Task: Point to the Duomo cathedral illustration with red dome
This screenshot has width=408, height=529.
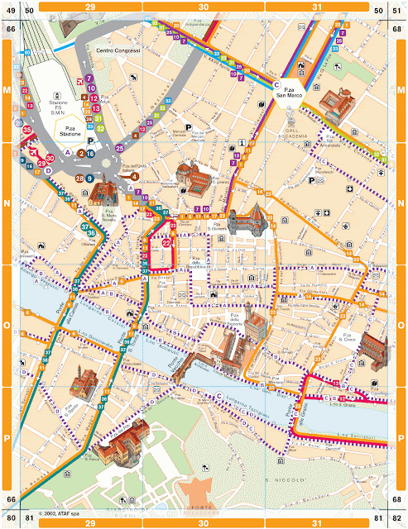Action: click(244, 220)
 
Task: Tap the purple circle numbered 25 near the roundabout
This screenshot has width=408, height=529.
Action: click(119, 148)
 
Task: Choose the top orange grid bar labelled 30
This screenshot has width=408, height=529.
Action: click(204, 7)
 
